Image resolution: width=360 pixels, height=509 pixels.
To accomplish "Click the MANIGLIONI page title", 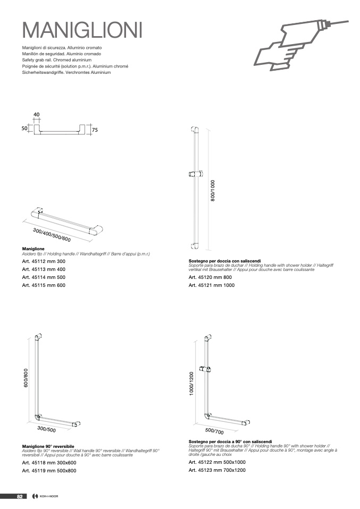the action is click(x=82, y=30).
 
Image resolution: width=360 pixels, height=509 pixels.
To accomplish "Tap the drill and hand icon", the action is click(x=300, y=45).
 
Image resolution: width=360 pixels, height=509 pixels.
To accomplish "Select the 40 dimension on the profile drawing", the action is click(x=36, y=115).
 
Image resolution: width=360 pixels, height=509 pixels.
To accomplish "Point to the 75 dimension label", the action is click(x=95, y=130).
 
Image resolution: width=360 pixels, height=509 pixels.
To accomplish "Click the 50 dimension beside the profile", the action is click(x=24, y=128).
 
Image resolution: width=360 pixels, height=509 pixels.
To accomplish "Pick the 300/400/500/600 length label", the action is click(x=52, y=235).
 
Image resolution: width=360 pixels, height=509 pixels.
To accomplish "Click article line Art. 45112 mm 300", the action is click(x=44, y=261).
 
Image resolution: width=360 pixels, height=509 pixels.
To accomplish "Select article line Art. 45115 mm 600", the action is click(x=44, y=285).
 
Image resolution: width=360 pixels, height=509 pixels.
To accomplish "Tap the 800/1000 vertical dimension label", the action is click(x=213, y=191).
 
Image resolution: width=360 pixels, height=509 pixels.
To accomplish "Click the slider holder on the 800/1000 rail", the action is click(x=196, y=174).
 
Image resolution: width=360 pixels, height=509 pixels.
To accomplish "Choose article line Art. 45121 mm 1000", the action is click(x=212, y=285).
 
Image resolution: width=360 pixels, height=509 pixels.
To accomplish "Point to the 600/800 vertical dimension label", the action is click(x=26, y=378).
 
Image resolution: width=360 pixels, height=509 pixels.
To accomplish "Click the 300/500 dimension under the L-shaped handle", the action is click(x=46, y=429).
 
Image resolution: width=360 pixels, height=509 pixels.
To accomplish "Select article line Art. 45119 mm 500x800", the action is click(x=49, y=471).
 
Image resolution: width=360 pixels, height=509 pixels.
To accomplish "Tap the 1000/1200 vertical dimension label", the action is click(x=191, y=384).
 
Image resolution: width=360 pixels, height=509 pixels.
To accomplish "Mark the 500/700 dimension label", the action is click(x=214, y=431).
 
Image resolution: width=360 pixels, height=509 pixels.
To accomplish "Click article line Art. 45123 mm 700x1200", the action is click(x=217, y=470).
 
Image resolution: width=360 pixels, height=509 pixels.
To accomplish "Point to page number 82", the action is click(x=20, y=496).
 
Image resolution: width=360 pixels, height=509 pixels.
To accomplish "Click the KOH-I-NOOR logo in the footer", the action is click(x=45, y=496).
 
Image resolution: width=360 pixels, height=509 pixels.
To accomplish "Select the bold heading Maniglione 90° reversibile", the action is click(x=48, y=446).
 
